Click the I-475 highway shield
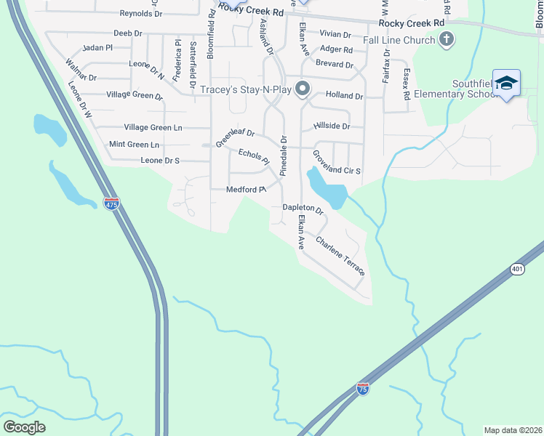(111, 205)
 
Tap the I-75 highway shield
(363, 389)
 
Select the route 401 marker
(517, 269)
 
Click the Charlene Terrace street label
(339, 255)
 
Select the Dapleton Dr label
(303, 208)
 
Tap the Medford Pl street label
(246, 190)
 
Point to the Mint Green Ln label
(134, 145)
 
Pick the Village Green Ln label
(153, 127)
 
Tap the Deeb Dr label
(128, 33)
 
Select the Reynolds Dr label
(141, 14)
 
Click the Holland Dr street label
(344, 95)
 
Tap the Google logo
(24, 427)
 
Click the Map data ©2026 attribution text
(513, 430)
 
